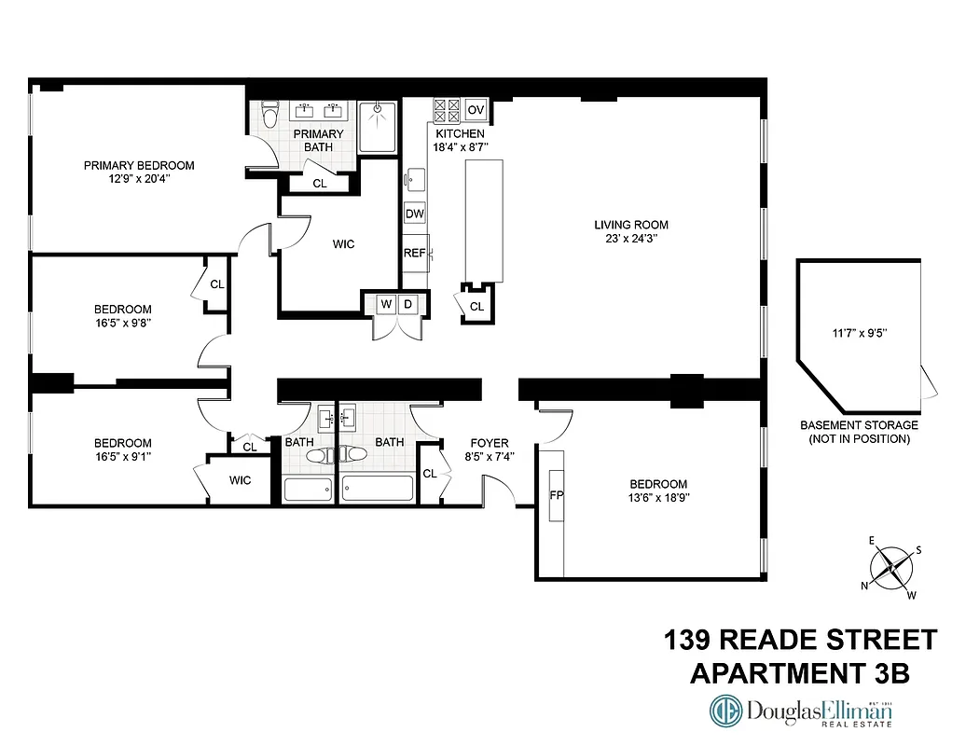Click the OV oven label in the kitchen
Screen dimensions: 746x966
[476, 110]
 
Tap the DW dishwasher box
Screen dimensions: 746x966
[415, 214]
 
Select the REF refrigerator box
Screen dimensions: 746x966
[414, 252]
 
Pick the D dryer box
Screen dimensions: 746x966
[407, 304]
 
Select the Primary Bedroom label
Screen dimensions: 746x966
[139, 165]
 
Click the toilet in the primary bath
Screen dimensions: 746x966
[269, 115]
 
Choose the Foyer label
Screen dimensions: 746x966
[489, 443]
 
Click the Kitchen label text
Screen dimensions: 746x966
[459, 133]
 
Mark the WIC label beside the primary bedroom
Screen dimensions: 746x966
[343, 244]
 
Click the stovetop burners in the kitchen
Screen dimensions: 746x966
[446, 110]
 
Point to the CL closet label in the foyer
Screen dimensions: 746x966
[430, 474]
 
